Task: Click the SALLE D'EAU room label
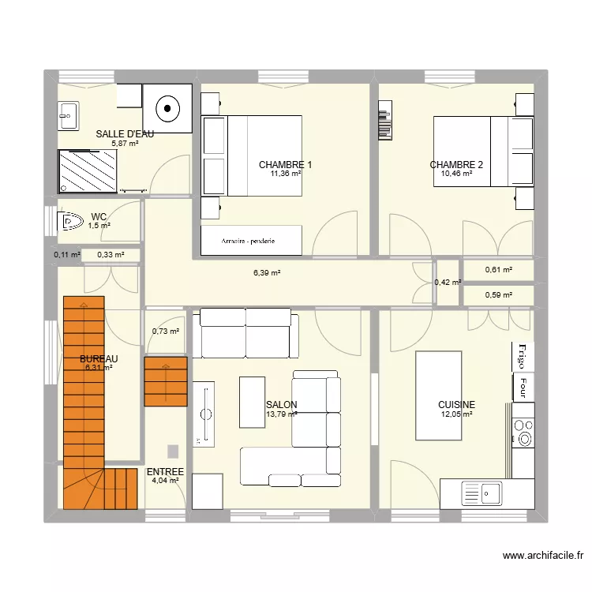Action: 125,134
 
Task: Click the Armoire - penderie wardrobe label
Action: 251,240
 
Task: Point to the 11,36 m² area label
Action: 285,174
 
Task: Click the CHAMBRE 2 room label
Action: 456,165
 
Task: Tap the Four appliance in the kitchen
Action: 522,386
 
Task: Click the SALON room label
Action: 281,404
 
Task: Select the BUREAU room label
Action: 98,359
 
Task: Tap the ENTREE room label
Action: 165,472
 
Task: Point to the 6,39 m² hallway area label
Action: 267,273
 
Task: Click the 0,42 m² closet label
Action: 448,282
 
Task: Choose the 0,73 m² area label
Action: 166,332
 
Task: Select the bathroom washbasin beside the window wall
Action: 68,116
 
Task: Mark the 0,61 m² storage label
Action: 498,270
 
